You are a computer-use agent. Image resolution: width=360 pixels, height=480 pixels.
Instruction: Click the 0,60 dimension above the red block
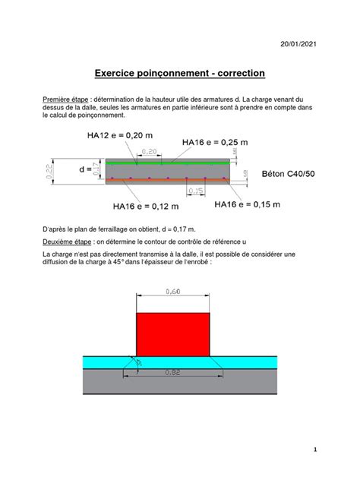[x=172, y=291]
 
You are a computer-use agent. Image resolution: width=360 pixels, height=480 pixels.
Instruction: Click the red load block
[x=172, y=333]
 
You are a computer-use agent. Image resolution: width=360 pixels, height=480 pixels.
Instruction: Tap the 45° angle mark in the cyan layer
[x=139, y=364]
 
